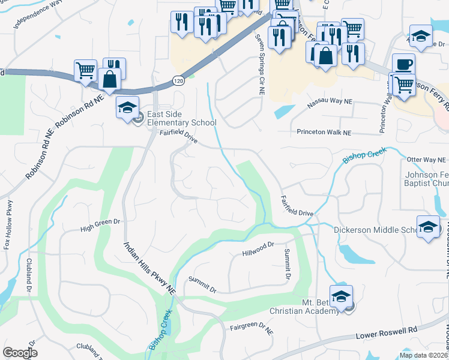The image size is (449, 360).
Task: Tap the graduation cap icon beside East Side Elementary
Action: tap(127, 107)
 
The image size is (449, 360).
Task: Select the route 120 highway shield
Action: tap(178, 79)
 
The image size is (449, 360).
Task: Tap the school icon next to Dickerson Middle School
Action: tap(427, 226)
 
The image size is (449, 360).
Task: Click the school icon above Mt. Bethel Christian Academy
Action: tap(340, 296)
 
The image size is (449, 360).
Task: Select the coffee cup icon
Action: tap(403, 63)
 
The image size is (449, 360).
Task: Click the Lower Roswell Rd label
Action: tap(387, 334)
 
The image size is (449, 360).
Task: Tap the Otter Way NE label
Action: tap(426, 160)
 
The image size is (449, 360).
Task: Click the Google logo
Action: tap(20, 353)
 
